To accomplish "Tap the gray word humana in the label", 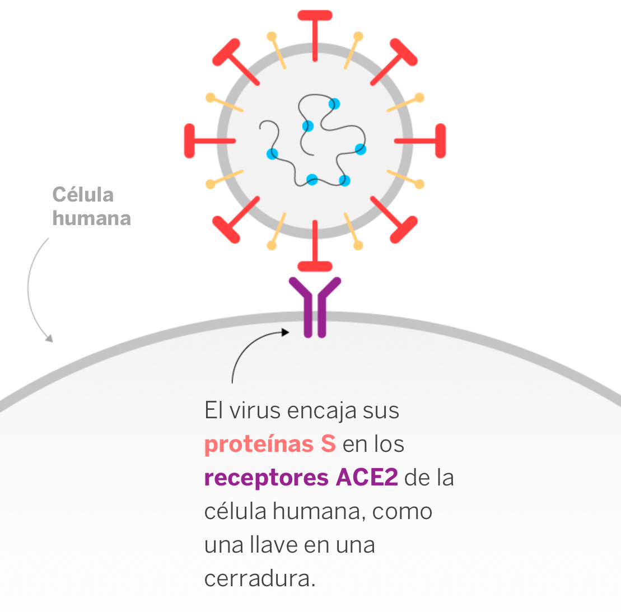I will tap(91, 218).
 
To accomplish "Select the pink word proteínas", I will tap(259, 444).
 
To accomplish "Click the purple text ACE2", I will tap(367, 478).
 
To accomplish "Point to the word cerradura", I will tap(259, 578).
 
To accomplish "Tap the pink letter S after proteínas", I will tap(328, 444).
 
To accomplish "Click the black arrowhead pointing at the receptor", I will tap(285, 332).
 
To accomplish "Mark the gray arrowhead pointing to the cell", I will tap(49, 338).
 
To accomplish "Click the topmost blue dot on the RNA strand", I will tap(334, 104).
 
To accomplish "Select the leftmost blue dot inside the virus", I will tap(273, 153).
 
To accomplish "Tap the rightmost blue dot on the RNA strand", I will tap(361, 150).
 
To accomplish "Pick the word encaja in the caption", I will tap(322, 412).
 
